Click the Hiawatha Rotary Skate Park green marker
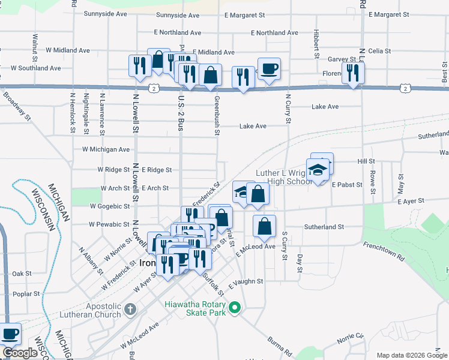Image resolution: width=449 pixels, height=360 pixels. (x=235, y=308)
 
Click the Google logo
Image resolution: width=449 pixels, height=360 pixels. (x=20, y=353)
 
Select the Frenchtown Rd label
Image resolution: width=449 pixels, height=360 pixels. (x=383, y=250)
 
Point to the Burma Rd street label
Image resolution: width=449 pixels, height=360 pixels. (x=280, y=346)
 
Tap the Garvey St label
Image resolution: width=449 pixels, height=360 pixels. (x=342, y=59)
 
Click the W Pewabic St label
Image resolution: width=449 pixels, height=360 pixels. (x=109, y=224)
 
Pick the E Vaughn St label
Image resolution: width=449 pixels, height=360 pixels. (x=246, y=281)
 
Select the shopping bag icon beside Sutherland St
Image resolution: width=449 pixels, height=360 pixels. (x=264, y=227)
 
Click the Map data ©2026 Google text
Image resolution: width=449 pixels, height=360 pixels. (x=411, y=355)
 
